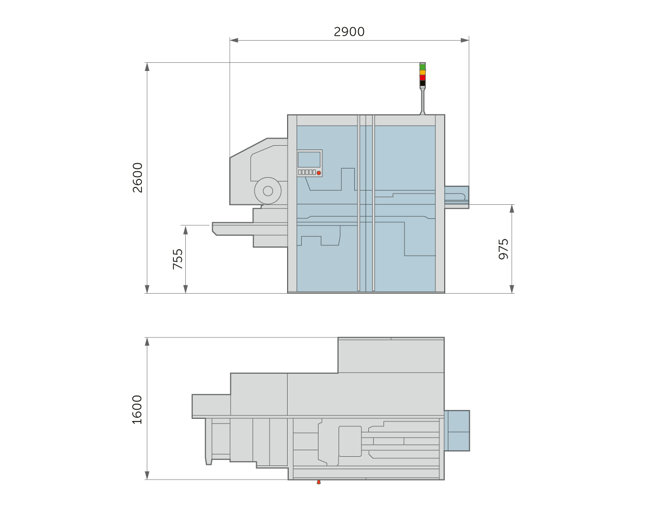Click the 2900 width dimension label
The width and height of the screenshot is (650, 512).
[x=349, y=32]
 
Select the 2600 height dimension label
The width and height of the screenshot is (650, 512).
[x=138, y=178]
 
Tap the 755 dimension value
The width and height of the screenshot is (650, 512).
[x=178, y=259]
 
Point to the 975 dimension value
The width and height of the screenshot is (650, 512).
[x=503, y=249]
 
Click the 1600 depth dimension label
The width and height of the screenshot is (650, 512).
[x=137, y=410]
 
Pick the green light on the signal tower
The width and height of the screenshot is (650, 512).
[x=422, y=67]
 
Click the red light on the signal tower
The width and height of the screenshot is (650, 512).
[x=422, y=77]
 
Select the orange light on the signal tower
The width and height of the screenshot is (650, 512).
[x=422, y=73]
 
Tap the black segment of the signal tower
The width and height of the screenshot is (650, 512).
[x=422, y=83]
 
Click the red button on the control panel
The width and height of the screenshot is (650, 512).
[x=318, y=173]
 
